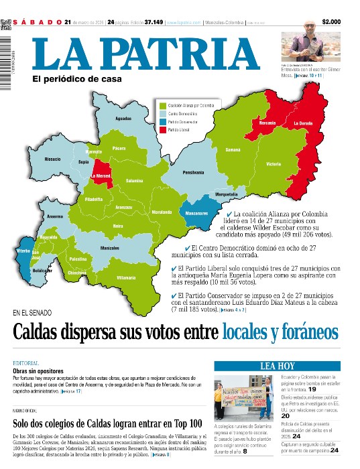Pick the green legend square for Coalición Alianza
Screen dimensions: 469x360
pos(162,105)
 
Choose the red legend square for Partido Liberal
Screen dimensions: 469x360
pos(162,129)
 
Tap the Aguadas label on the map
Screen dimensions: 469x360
pos(123,119)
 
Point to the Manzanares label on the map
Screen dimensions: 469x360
pos(196,212)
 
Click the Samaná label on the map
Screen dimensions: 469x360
pos(233,149)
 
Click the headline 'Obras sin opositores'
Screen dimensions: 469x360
pos(38,371)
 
